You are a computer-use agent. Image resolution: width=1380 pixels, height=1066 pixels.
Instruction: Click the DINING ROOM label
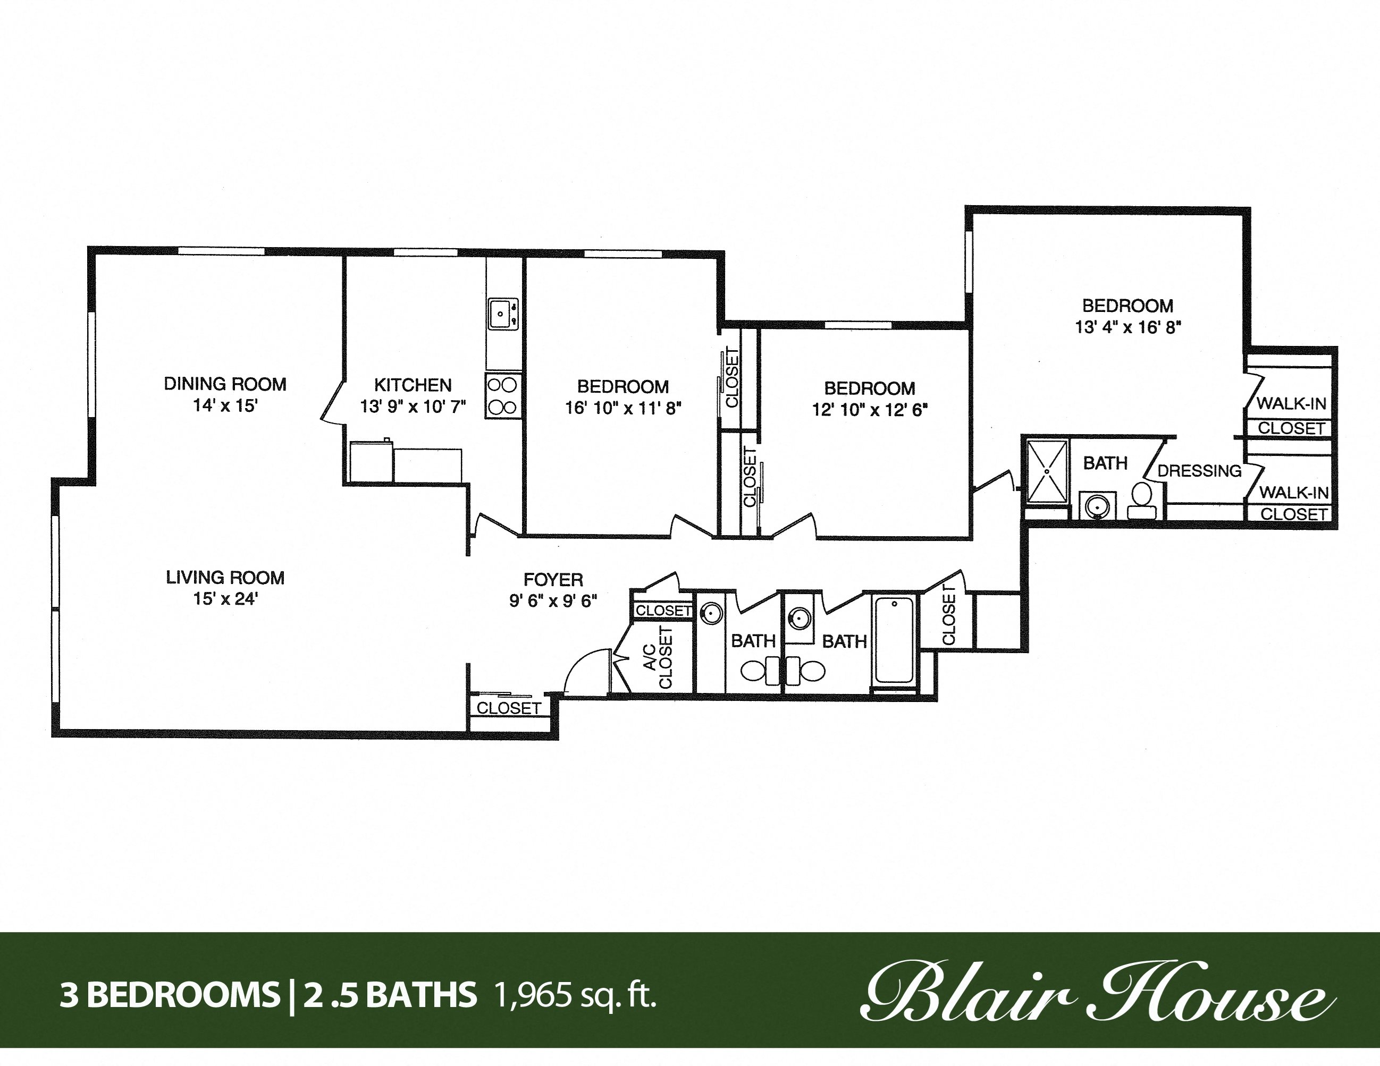225,384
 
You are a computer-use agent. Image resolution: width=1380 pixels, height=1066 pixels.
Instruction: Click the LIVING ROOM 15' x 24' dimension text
225,599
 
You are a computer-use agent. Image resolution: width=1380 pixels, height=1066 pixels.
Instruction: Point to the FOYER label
553,579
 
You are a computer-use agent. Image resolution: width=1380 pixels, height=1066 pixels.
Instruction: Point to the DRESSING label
1199,471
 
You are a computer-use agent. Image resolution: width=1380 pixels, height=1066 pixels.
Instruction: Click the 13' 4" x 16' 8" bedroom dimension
1128,328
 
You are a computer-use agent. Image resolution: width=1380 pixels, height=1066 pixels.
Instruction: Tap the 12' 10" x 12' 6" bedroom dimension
870,410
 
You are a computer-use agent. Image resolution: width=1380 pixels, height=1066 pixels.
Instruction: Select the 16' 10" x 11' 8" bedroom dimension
623,409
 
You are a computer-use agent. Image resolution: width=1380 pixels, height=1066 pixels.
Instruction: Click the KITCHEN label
413,385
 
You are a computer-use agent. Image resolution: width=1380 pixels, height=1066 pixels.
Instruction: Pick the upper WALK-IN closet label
1291,403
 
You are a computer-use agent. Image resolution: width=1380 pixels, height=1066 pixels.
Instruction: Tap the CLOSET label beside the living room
509,708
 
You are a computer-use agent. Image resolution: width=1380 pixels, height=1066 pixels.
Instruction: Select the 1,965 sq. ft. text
576,995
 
